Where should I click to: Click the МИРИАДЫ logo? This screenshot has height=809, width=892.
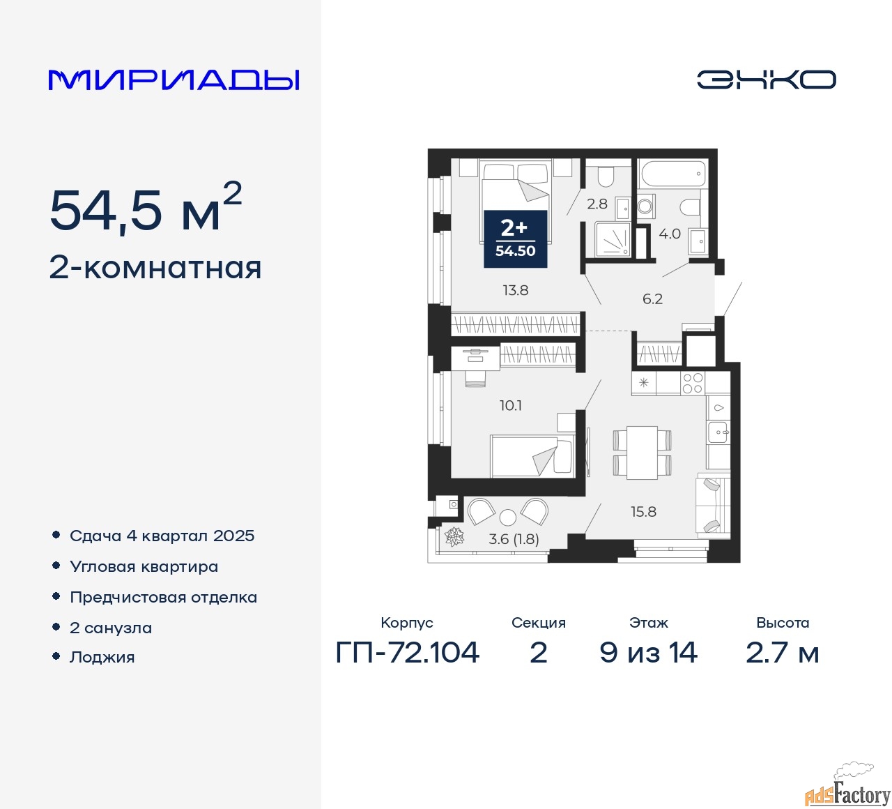coord(174,80)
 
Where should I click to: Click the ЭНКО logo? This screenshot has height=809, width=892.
coord(766,80)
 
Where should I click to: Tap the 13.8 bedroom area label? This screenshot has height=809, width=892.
coord(516,291)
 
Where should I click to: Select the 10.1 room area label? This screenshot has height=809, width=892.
coord(511,405)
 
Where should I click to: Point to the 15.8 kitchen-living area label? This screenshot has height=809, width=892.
coord(643,512)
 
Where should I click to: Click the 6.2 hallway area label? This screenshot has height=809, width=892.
coord(652,298)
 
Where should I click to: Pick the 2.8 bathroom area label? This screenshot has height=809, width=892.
coord(597,204)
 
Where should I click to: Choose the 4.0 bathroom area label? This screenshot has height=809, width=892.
coord(670,234)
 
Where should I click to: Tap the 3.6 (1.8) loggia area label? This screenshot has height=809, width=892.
coord(514,539)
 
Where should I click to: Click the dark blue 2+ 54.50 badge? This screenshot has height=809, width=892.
coord(516,239)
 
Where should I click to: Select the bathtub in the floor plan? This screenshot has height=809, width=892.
coord(673,174)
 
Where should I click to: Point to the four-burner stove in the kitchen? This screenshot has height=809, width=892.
coord(692,383)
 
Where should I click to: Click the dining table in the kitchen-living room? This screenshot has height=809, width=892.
coord(642,453)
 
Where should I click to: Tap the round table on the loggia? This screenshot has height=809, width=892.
coord(508,517)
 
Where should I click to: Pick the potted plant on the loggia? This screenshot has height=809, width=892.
coord(454,536)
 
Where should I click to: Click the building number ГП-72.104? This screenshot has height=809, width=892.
coord(407,653)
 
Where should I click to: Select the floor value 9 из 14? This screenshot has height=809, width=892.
coord(648,653)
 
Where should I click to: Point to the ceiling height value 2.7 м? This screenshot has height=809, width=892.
coord(783,653)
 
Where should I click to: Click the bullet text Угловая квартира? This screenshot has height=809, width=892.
coord(144,567)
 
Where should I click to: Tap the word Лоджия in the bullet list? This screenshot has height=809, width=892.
coord(102,657)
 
